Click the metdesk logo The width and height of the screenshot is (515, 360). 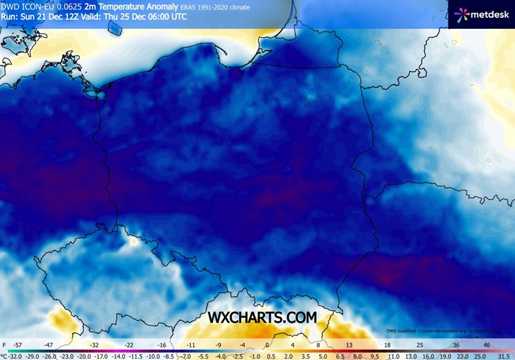(x=481, y=13)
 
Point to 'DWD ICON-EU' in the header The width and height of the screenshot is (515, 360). (x=27, y=5)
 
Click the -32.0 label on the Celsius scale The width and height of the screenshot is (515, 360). (x=15, y=357)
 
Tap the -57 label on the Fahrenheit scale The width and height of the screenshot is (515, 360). (x=18, y=345)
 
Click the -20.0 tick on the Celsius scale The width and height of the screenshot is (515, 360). (x=82, y=357)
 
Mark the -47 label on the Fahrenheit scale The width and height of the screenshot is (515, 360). (x=49, y=345)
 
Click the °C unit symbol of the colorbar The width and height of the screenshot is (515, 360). (x=3, y=357)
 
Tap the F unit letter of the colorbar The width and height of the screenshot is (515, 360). (x=3, y=345)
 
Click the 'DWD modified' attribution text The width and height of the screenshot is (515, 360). (x=402, y=330)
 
